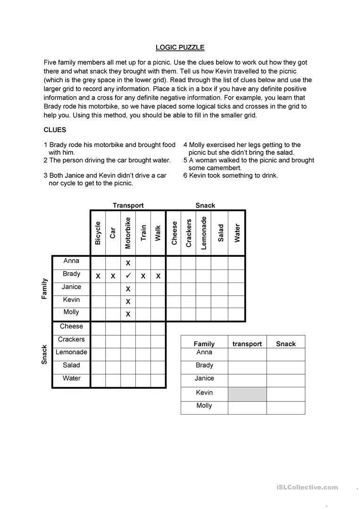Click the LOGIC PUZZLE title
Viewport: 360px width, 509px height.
[180, 47]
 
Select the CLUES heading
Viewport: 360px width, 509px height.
[55, 130]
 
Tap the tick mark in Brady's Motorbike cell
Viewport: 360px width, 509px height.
[128, 275]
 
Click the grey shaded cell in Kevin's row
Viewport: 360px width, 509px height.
[247, 394]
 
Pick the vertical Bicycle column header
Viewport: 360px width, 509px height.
[98, 233]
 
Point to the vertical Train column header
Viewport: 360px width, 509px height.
[143, 233]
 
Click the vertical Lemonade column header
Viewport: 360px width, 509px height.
[204, 233]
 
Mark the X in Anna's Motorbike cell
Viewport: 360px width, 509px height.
[128, 263]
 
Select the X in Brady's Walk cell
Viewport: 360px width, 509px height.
[158, 276]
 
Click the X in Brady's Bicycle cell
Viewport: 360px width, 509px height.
[98, 276]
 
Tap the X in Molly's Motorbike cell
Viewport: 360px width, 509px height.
[128, 314]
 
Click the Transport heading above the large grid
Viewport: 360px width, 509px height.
[128, 205]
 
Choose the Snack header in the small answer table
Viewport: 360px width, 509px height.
[285, 344]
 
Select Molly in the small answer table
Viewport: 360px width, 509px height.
[204, 406]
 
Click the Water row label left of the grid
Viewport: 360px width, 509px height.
[71, 378]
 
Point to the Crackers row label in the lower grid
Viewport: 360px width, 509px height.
[71, 339]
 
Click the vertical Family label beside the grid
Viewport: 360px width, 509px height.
[44, 289]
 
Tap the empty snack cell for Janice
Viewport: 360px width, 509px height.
[285, 380]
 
